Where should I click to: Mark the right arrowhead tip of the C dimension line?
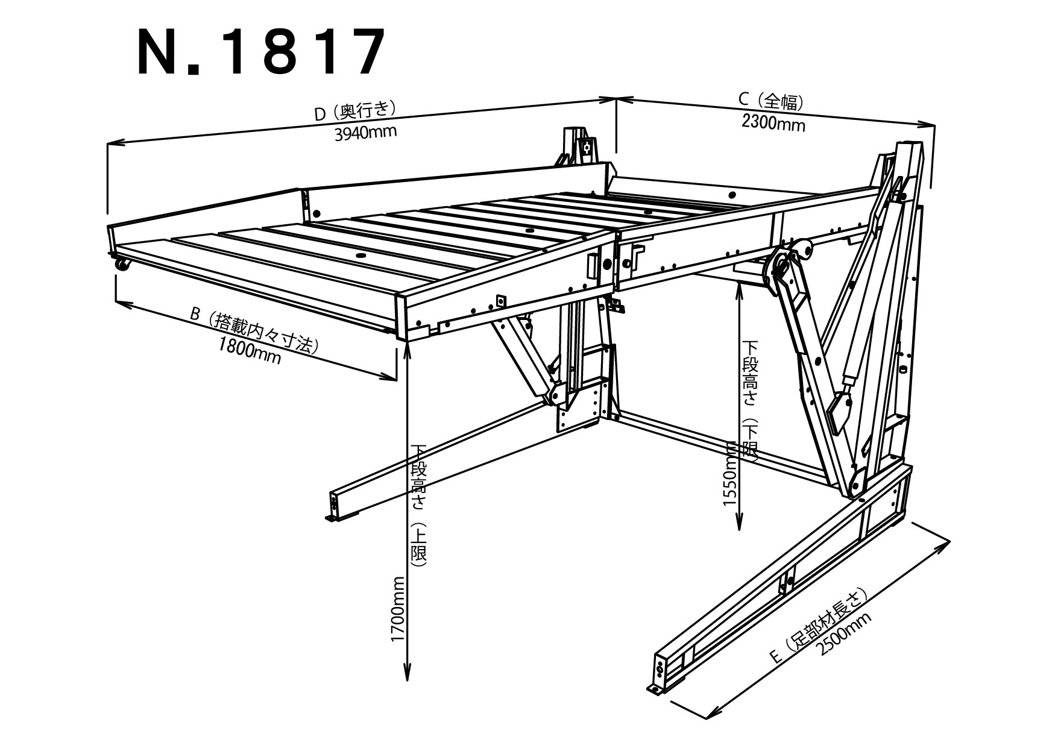(934, 125)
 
